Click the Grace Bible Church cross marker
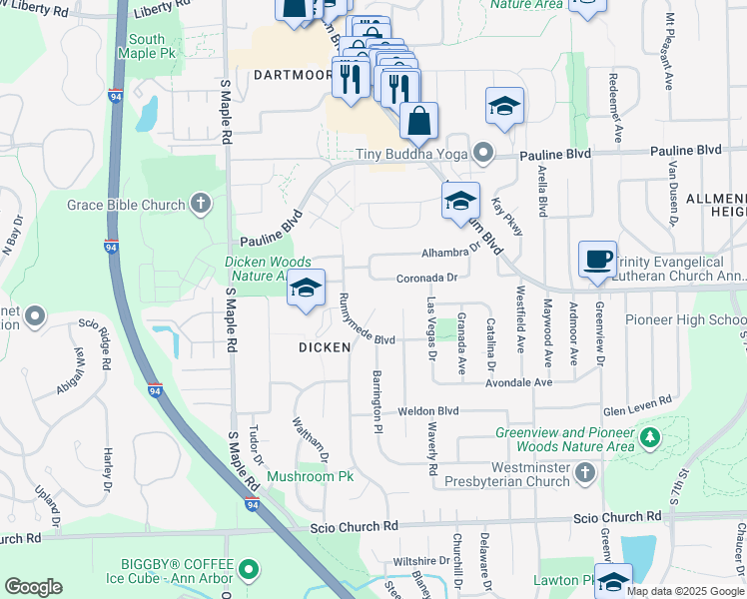(200, 206)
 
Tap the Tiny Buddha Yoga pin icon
(484, 154)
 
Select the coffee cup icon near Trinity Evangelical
(597, 260)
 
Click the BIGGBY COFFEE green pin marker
(249, 571)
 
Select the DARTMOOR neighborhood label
(292, 75)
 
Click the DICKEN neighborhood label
(325, 347)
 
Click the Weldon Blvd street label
(427, 410)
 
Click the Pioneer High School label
(685, 319)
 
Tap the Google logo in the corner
(33, 587)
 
